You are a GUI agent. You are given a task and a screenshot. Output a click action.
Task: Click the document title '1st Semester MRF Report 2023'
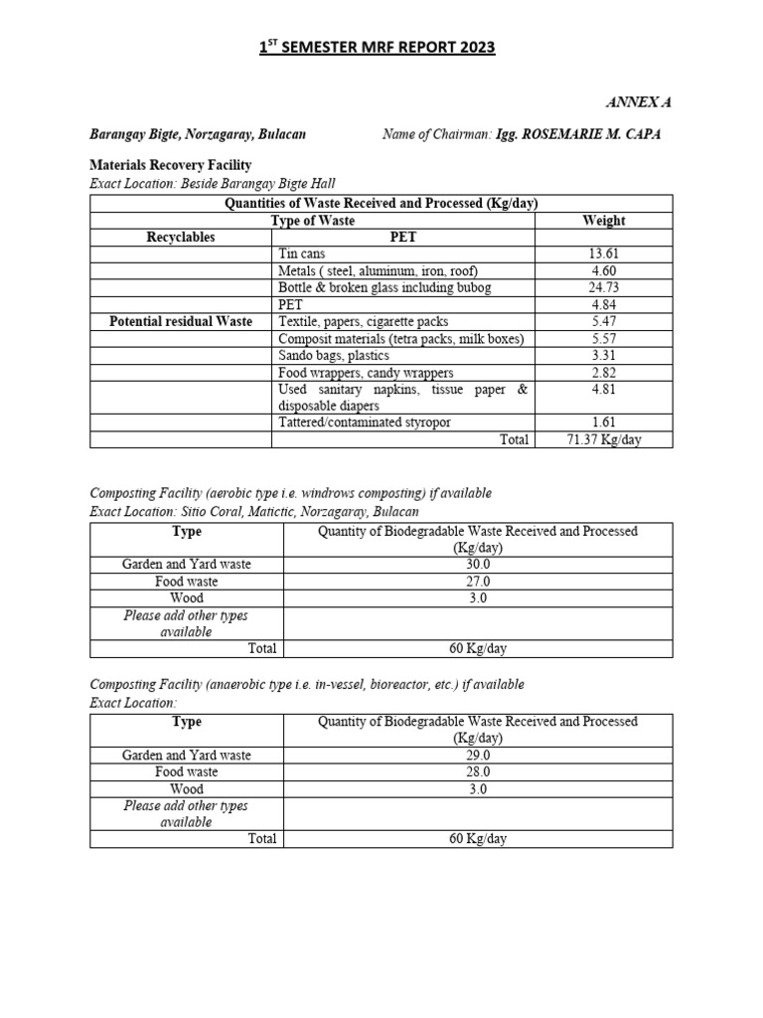tap(381, 48)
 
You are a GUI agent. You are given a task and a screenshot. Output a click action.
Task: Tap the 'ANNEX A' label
tap(639, 102)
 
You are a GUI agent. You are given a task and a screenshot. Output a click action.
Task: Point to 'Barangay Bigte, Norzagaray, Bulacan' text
tap(198, 134)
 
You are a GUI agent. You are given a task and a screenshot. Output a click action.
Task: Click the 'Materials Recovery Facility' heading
tap(170, 165)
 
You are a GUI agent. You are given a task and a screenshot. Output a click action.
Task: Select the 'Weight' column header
tap(604, 220)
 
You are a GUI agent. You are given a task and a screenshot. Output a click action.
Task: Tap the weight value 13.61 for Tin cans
tap(604, 254)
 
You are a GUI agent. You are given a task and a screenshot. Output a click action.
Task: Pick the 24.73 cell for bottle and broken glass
tap(604, 288)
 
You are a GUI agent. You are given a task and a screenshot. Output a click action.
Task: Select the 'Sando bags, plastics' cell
tap(334, 355)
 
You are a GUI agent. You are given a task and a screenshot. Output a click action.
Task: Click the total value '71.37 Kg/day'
tap(604, 439)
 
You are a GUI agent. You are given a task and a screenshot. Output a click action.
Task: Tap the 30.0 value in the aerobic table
tap(478, 564)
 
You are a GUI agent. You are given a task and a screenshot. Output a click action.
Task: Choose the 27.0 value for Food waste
tap(478, 582)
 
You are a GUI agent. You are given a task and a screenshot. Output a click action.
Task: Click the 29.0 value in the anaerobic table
tap(478, 755)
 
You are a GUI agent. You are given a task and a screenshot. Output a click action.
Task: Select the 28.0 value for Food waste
tap(478, 771)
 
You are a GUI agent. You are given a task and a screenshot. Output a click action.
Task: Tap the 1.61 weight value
tap(604, 423)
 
